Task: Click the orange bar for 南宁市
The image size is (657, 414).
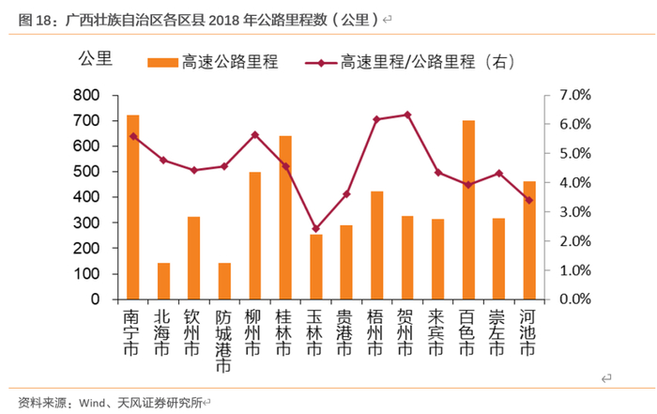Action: [133, 207]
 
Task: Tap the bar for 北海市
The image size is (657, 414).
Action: [163, 281]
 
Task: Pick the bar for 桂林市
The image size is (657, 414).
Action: [285, 217]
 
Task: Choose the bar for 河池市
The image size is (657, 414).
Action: [529, 239]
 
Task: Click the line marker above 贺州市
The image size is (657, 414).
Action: [406, 115]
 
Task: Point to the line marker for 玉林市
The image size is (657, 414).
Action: [315, 228]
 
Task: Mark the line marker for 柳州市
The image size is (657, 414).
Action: [254, 135]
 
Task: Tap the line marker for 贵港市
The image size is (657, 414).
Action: [346, 194]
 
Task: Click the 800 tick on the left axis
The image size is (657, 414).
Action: [86, 96]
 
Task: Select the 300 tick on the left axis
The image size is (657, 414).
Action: [86, 223]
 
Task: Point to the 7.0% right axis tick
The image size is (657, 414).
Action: [573, 96]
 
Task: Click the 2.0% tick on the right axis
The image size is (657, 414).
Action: [573, 241]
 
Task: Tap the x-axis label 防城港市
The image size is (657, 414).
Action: [223, 342]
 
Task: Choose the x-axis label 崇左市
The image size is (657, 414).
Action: [499, 333]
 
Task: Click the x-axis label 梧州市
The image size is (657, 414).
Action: [376, 333]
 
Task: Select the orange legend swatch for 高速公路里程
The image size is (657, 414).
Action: [162, 62]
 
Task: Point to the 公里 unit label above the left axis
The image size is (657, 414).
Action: [95, 58]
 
